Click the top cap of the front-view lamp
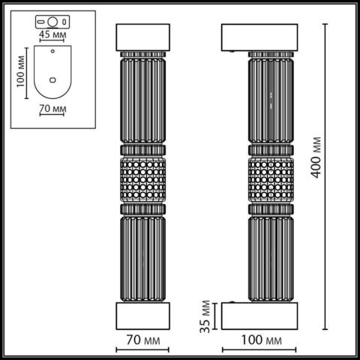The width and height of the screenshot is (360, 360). tap(142, 37)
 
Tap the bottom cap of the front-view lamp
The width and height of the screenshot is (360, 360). tap(142, 316)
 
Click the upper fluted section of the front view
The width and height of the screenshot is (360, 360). tap(142, 101)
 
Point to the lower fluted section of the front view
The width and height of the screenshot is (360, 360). tap(142, 255)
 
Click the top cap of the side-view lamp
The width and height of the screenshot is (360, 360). tap(261, 37)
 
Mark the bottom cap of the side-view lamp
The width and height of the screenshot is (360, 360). tap(261, 316)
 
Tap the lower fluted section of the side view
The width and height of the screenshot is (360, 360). tap(268, 255)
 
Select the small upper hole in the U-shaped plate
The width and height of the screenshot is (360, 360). tap(52, 52)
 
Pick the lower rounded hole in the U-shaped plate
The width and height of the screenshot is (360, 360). tap(52, 78)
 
